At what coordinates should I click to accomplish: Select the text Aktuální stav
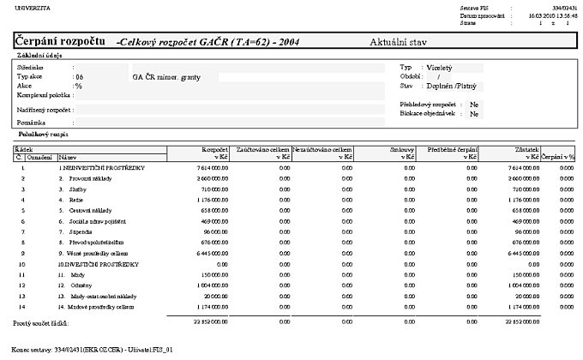coord(398,41)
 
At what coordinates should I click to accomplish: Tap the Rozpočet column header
coord(214,149)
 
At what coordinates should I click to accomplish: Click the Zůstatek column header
coord(524,149)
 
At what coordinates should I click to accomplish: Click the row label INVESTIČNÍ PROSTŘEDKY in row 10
coord(92,265)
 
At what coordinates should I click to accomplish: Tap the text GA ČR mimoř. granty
coord(165,76)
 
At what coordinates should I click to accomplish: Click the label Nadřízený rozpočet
coord(44,111)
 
